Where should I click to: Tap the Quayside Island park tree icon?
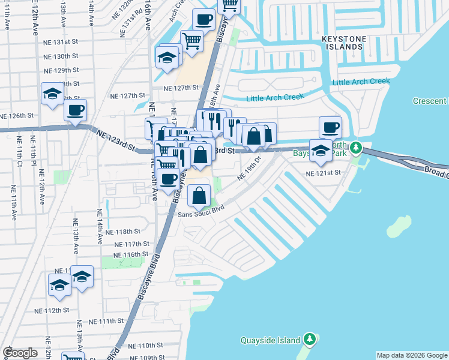[310, 340]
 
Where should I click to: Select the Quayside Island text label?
[270, 340]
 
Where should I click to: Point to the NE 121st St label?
[323, 173]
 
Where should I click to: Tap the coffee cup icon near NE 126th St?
[75, 110]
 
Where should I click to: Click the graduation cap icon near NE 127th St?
[52, 94]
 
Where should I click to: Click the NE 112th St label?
[52, 311]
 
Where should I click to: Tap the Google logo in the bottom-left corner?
[20, 353]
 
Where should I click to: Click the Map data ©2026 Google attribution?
[412, 355]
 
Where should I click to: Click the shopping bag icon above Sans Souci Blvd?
[199, 195]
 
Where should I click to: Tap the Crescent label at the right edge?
[430, 101]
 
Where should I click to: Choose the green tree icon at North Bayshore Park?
[356, 147]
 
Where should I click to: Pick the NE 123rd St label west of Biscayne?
[114, 142]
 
